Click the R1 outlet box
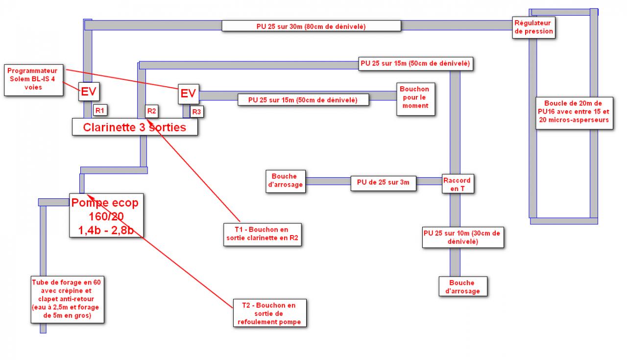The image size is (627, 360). point(100,110)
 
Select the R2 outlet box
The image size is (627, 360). point(151,111)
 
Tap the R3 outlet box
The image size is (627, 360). point(196,112)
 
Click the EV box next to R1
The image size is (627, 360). point(89,92)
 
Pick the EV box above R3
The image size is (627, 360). point(188,93)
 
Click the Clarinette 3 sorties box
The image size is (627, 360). point(135,127)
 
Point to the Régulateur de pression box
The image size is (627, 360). point(533,27)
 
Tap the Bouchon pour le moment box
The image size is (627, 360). point(414,97)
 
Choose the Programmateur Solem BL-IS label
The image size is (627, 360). point(33,79)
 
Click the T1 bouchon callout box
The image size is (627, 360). point(261,234)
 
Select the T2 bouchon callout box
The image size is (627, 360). point(269,313)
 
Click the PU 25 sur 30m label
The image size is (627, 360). point(311,25)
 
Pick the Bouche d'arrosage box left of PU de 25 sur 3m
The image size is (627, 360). point(285,180)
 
